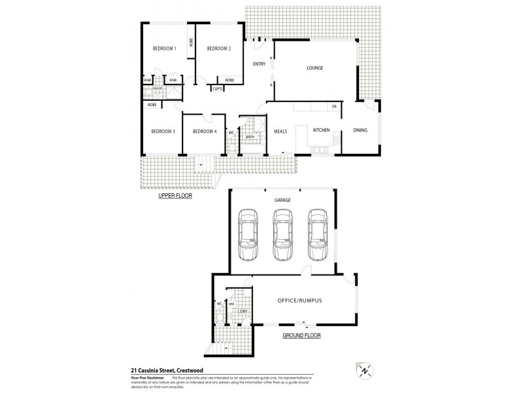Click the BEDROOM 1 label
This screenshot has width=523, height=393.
(x=165, y=48)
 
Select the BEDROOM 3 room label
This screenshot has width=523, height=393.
(x=163, y=131)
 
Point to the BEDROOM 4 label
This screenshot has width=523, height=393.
(x=204, y=131)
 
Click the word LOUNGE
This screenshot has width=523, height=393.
(x=315, y=68)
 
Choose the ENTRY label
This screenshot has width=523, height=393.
(x=258, y=64)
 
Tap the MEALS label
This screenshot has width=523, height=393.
(x=281, y=130)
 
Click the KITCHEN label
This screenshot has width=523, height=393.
(x=322, y=130)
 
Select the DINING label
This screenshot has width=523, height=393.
(x=360, y=130)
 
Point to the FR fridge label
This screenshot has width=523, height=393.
(x=333, y=106)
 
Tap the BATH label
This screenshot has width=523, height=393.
(x=250, y=137)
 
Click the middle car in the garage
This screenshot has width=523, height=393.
(x=282, y=234)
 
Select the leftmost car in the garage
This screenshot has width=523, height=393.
(x=247, y=234)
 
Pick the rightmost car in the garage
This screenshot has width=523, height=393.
(x=317, y=234)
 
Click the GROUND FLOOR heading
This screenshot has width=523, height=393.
(x=301, y=335)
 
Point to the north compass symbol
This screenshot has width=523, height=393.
(x=364, y=369)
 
